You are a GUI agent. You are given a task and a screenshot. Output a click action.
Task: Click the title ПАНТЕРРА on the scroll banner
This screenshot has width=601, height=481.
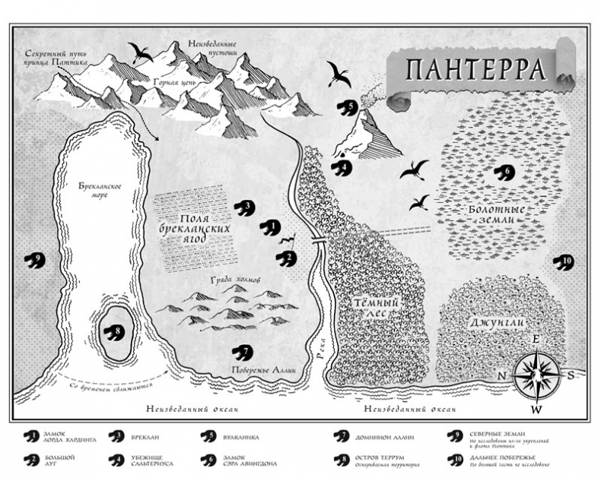(475, 70)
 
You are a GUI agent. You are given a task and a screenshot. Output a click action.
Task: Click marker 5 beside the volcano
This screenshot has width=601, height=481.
(348, 107)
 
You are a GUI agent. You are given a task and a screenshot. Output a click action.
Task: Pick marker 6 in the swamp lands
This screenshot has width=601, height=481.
(503, 172)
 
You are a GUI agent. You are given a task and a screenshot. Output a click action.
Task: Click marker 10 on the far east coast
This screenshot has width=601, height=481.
(564, 262)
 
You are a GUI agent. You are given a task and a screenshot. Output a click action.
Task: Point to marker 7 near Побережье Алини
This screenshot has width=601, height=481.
(243, 353)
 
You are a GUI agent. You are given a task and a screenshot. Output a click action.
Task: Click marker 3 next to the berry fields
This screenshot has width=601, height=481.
(243, 207)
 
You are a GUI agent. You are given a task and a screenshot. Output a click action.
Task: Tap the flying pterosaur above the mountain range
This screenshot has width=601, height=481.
(139, 52)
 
